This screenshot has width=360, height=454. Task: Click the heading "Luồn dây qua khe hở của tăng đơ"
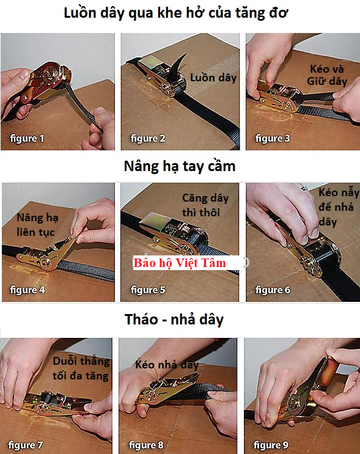pos(176,13)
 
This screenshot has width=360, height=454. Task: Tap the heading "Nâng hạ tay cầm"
pos(180,167)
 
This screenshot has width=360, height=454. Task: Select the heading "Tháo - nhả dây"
pos(174,320)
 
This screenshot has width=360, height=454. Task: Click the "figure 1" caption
pos(27,139)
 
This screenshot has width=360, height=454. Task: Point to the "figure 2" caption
pos(148,139)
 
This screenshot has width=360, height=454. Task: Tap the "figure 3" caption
pos(273,139)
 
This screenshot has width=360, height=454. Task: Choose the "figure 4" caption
pos(28,290)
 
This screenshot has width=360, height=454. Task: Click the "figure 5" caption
pos(148,290)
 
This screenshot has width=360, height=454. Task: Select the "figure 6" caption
pos(273,290)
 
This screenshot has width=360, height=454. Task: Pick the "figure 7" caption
pos(25,445)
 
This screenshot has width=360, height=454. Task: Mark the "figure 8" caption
pos(146,445)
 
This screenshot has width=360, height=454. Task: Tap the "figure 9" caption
pos(271,445)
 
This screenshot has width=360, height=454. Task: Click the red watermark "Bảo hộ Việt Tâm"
pos(180,263)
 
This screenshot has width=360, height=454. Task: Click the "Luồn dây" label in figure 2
pos(213,78)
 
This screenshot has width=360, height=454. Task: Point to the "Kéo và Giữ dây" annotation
pos(327,75)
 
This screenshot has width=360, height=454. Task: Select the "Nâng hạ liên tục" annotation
pos(37,225)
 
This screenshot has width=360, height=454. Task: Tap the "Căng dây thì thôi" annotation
pos(205,205)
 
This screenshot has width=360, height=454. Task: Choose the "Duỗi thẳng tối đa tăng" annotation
pos(81,368)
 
